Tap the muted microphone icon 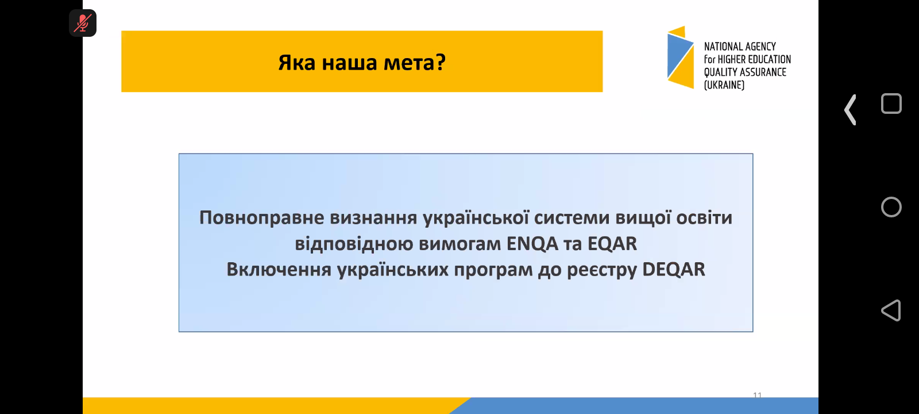click(83, 23)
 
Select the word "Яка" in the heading click(296, 63)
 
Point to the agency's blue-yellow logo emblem click(680, 57)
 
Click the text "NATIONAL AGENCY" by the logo click(740, 47)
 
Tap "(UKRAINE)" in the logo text click(724, 85)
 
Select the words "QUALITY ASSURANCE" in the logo click(745, 72)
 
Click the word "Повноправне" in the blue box click(262, 218)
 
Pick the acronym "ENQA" click(532, 244)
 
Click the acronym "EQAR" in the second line click(612, 244)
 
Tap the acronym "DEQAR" click(674, 270)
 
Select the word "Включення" click(279, 270)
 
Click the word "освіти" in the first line click(704, 218)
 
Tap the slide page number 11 click(758, 395)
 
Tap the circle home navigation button click(891, 206)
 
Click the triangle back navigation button click(891, 310)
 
